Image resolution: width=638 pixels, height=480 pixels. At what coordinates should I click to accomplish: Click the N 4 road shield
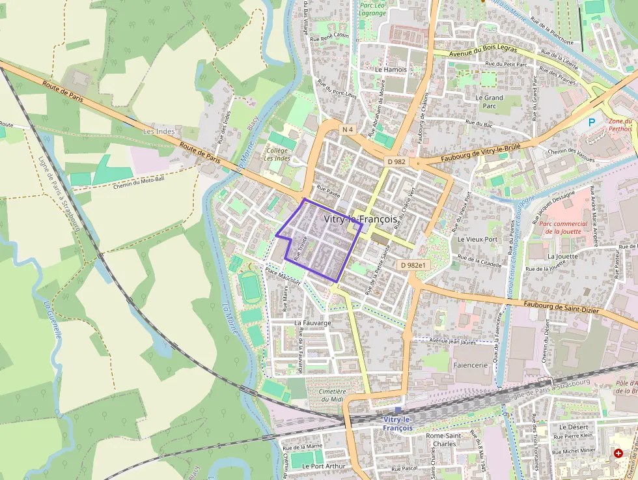(x=348, y=130)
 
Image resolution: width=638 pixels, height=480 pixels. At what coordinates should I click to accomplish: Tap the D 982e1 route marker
(x=413, y=265)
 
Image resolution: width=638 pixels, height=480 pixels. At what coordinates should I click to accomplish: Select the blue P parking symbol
(x=592, y=122)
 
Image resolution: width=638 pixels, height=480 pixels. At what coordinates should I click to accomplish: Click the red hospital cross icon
(x=618, y=453)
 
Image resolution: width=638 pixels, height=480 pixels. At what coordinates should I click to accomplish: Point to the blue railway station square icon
(x=398, y=410)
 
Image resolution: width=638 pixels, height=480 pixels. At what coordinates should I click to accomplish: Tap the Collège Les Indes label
(x=277, y=154)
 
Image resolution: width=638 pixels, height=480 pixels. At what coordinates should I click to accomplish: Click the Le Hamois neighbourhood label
(x=391, y=70)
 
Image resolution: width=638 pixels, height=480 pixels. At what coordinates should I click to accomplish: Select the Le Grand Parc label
(x=489, y=102)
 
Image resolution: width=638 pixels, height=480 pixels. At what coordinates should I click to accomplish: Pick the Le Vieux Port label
(x=477, y=239)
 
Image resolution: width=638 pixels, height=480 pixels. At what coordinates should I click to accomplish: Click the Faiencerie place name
(x=470, y=365)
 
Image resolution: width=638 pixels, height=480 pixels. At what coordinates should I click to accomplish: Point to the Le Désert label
(x=573, y=427)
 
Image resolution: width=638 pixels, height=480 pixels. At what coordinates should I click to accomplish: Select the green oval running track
(x=249, y=287)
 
